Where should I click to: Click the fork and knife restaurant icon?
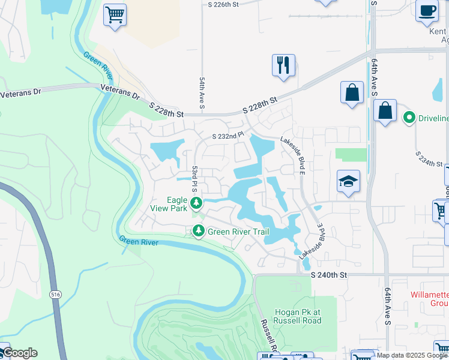tap(284, 64)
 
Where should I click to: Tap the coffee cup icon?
tap(427, 11)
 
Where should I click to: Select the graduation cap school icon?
tap(348, 181)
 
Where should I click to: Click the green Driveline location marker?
tap(410, 117)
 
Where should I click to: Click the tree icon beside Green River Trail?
tap(198, 231)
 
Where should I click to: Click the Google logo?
tap(19, 353)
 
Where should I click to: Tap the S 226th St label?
tap(223, 4)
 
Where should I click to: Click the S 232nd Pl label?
tap(227, 136)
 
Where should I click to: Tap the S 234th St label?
tap(430, 159)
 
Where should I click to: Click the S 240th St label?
tap(330, 274)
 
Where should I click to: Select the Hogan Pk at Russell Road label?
tap(297, 316)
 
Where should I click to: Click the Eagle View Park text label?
tap(169, 205)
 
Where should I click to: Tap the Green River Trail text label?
tap(238, 232)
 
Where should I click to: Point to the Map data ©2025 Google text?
tap(412, 355)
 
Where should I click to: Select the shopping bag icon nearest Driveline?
tap(385, 112)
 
